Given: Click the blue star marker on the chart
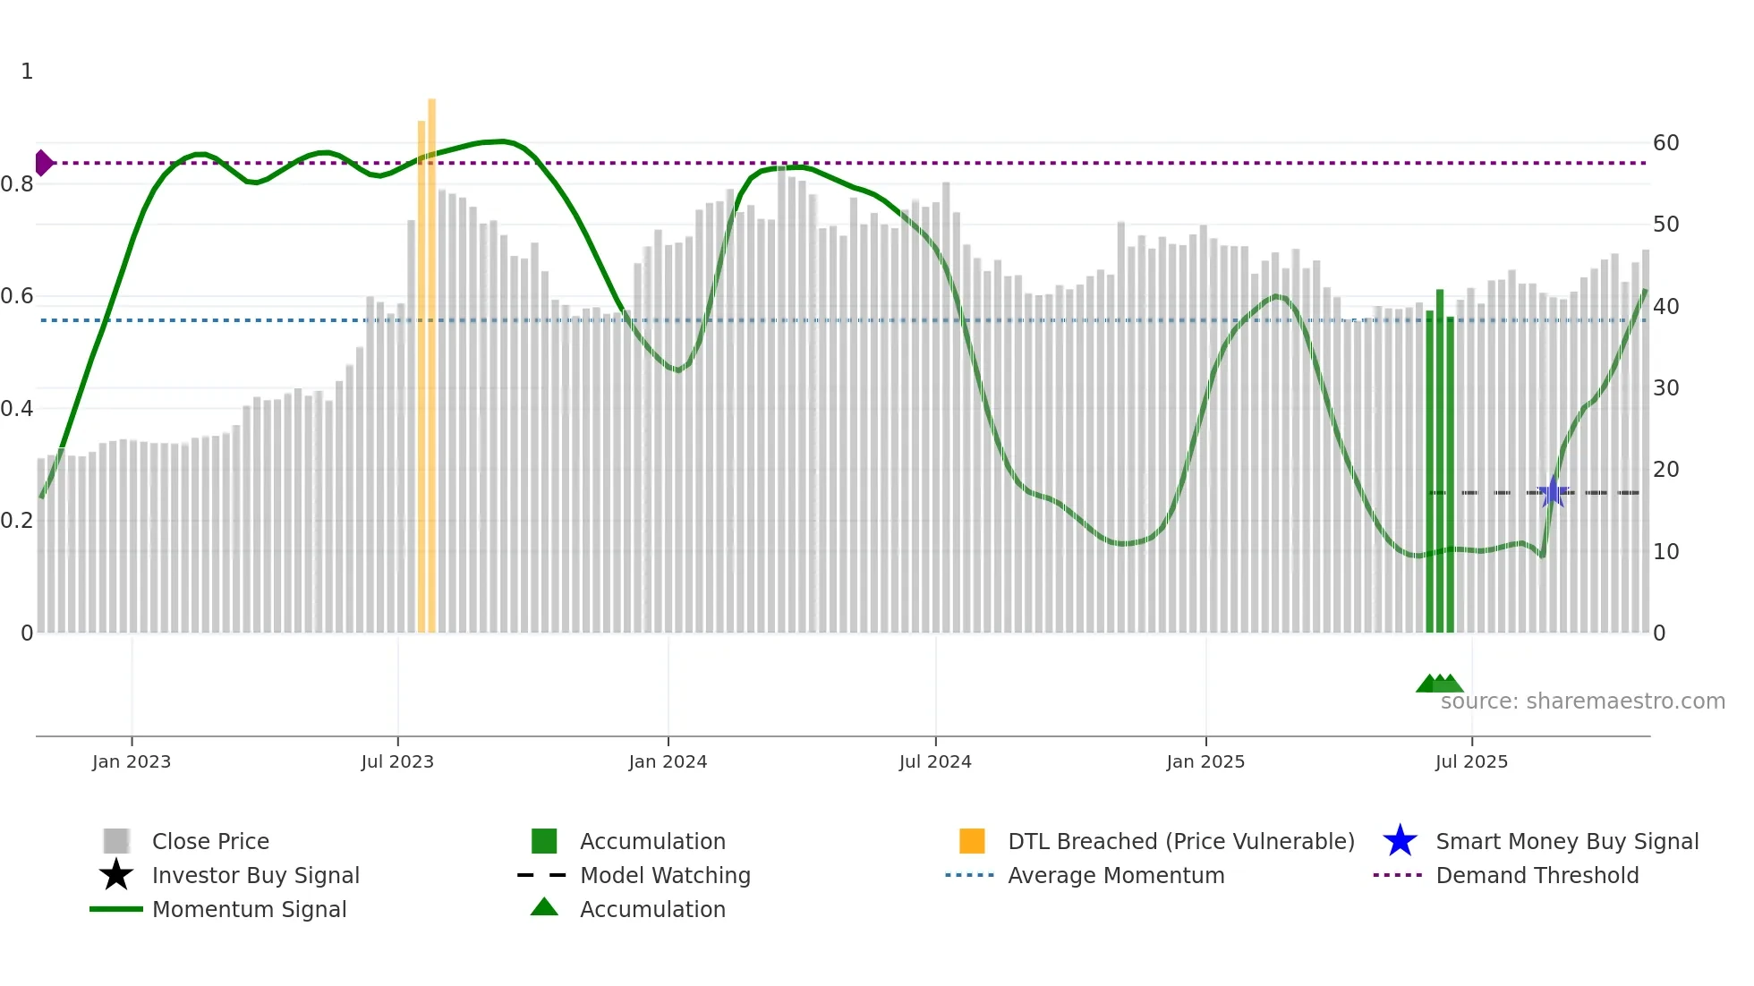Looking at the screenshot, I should [1553, 492].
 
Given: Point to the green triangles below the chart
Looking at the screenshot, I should [1439, 684].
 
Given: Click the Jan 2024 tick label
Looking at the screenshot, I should [668, 761].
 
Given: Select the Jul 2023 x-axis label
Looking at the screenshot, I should [397, 761].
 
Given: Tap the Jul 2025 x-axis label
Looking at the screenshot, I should [1471, 761].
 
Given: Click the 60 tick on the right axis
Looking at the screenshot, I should [1665, 143].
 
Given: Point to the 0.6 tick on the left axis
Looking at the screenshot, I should [18, 296].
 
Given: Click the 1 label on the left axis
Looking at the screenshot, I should [27, 72].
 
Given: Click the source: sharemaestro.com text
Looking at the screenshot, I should [1582, 701].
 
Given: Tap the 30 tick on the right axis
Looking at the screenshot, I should [1665, 388].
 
